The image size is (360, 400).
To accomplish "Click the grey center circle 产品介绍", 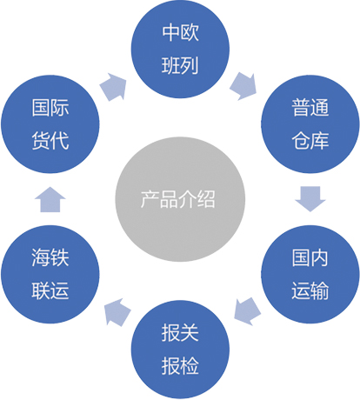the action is (x=180, y=199).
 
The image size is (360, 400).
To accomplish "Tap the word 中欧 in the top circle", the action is (x=180, y=32).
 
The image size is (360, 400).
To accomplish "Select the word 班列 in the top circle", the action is (x=180, y=65).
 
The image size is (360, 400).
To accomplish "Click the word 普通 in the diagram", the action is (x=310, y=107).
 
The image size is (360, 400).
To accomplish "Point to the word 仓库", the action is (x=310, y=141).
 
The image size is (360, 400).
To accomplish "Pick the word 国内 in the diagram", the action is (x=310, y=257).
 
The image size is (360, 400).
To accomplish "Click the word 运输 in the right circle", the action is (x=310, y=290).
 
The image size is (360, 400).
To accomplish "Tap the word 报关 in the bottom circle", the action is (x=180, y=332).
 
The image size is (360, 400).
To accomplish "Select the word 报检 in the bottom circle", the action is (x=180, y=365).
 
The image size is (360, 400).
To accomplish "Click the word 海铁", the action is (x=50, y=257).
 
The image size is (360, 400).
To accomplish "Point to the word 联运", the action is (x=50, y=290).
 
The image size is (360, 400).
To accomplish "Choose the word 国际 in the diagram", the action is (x=50, y=107).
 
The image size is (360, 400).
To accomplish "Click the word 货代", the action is (x=50, y=141).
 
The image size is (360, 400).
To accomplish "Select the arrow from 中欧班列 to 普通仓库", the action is (x=243, y=86).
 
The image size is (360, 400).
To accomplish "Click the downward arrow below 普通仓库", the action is (x=310, y=199).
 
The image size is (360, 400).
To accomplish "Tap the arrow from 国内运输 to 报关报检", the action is (x=247, y=311).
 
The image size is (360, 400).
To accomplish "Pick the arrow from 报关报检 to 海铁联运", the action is (x=117, y=312).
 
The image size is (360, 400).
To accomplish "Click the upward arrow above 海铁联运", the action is (x=50, y=199).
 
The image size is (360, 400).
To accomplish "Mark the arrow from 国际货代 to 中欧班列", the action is (x=114, y=87).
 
